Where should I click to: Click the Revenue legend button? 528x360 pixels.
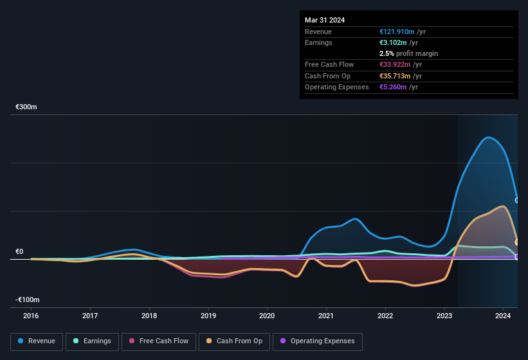click(x=37, y=341)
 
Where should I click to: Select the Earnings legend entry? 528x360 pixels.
click(x=92, y=341)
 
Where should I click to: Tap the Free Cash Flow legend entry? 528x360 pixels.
click(x=158, y=341)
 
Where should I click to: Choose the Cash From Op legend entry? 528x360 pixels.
click(x=234, y=341)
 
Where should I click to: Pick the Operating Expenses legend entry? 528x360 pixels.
click(x=318, y=341)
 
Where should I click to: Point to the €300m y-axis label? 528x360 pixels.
click(x=26, y=107)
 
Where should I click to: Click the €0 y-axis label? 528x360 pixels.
click(x=20, y=251)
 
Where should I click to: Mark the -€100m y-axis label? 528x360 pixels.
click(x=28, y=300)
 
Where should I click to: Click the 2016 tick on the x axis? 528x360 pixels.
click(x=31, y=316)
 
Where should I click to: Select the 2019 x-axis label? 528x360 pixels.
click(x=208, y=316)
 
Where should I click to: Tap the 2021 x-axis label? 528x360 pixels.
click(x=326, y=316)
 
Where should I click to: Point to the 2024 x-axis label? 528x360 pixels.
click(x=503, y=316)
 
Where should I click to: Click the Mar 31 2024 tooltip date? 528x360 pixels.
click(x=325, y=20)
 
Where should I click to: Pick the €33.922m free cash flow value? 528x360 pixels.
click(x=396, y=64)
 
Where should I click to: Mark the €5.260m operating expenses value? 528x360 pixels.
click(x=393, y=87)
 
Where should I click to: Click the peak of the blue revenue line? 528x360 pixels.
click(x=489, y=137)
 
